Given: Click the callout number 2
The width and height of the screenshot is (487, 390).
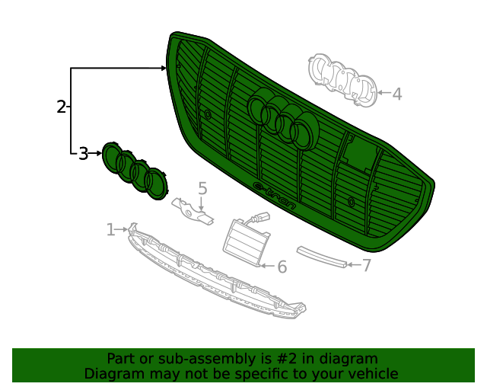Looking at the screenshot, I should tap(61, 107).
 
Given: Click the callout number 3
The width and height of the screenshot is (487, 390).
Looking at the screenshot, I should tap(83, 154).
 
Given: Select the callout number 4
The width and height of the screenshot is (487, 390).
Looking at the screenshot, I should tap(396, 94).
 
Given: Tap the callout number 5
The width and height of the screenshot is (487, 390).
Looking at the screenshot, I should tap(202, 187).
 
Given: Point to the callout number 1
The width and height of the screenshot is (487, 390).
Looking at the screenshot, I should tap(110, 229).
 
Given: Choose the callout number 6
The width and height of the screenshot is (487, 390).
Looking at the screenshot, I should tap(282, 267).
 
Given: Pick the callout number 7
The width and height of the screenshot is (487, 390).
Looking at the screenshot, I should tap(366, 265).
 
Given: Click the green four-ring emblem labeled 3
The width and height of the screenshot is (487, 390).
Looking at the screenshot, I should tap(135, 171).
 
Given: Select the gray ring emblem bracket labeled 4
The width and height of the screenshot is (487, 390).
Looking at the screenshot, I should tap(342, 80).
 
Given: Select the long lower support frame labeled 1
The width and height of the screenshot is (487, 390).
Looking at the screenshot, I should tap(213, 275).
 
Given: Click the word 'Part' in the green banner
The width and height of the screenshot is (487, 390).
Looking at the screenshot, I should tap(121, 359).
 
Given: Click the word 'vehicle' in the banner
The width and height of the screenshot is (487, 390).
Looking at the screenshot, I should tap(372, 373).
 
